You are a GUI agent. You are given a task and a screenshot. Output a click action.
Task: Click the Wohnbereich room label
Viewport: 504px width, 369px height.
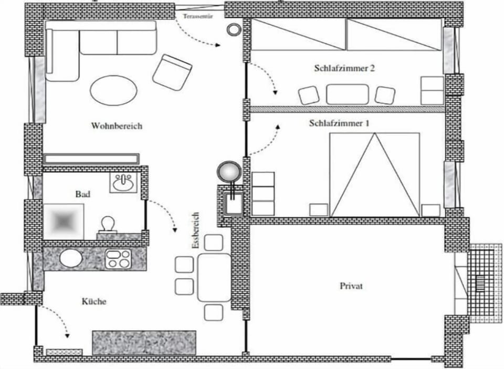(x=117, y=125)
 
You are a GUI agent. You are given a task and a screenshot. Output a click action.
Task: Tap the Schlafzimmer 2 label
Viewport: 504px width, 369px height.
(x=344, y=68)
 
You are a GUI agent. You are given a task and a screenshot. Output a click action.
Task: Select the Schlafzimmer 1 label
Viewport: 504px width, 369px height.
(x=339, y=123)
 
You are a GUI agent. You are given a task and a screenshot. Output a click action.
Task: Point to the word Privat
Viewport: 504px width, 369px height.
(x=351, y=286)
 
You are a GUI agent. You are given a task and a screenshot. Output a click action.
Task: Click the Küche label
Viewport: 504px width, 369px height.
(x=94, y=301)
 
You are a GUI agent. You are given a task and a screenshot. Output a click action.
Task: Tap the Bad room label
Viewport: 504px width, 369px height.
(x=82, y=194)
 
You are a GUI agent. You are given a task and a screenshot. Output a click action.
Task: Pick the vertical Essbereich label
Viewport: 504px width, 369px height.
(x=195, y=230)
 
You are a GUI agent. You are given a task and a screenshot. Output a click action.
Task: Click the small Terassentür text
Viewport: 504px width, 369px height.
(x=198, y=16)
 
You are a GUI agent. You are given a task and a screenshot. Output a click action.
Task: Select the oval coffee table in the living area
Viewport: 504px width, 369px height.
(x=113, y=90)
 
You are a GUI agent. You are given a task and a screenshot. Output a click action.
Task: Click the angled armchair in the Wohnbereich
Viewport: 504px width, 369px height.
(x=172, y=72)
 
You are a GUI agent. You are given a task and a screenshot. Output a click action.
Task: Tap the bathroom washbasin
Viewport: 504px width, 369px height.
(x=123, y=183)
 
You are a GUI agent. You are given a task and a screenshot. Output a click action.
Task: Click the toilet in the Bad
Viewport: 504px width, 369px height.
(x=108, y=224)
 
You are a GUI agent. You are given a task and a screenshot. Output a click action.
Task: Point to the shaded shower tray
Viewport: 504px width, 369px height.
(x=64, y=221)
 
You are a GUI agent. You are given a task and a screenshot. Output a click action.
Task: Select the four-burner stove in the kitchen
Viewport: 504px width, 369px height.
(x=118, y=259)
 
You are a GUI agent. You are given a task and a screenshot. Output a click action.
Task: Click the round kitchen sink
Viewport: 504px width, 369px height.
(x=71, y=258)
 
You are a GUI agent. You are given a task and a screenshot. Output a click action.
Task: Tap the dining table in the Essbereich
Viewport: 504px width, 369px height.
(x=214, y=277)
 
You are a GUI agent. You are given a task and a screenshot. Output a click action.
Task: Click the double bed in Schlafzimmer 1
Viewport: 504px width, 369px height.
(x=375, y=175)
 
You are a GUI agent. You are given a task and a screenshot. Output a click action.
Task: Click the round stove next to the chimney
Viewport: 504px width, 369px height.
(x=229, y=173)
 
